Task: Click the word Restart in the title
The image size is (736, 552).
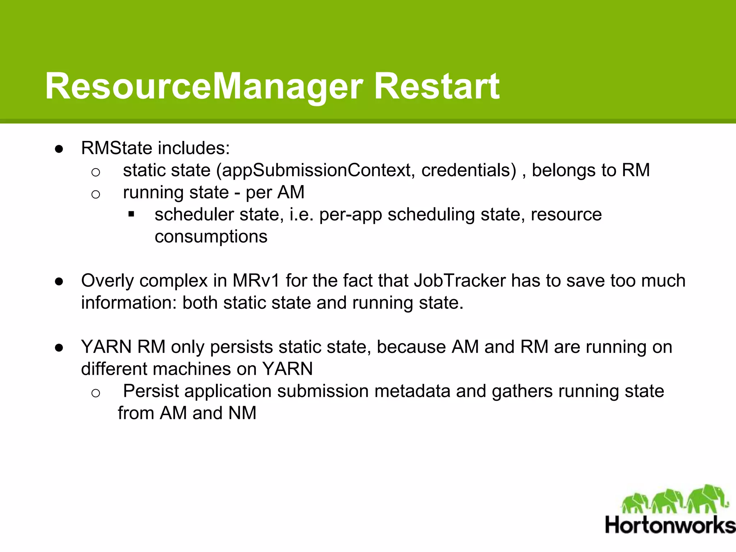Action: pos(436,86)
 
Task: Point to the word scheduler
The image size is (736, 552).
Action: pos(194,215)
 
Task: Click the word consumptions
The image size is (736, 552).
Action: pos(211,237)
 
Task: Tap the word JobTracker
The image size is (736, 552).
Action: pos(460,281)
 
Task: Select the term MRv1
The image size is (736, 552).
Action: pos(256,281)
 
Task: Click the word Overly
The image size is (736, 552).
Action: pos(107,281)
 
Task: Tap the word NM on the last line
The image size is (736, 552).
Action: pos(242,413)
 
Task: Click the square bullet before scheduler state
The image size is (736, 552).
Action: pos(131,215)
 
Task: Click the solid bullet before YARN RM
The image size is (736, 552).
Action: pos(59,348)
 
